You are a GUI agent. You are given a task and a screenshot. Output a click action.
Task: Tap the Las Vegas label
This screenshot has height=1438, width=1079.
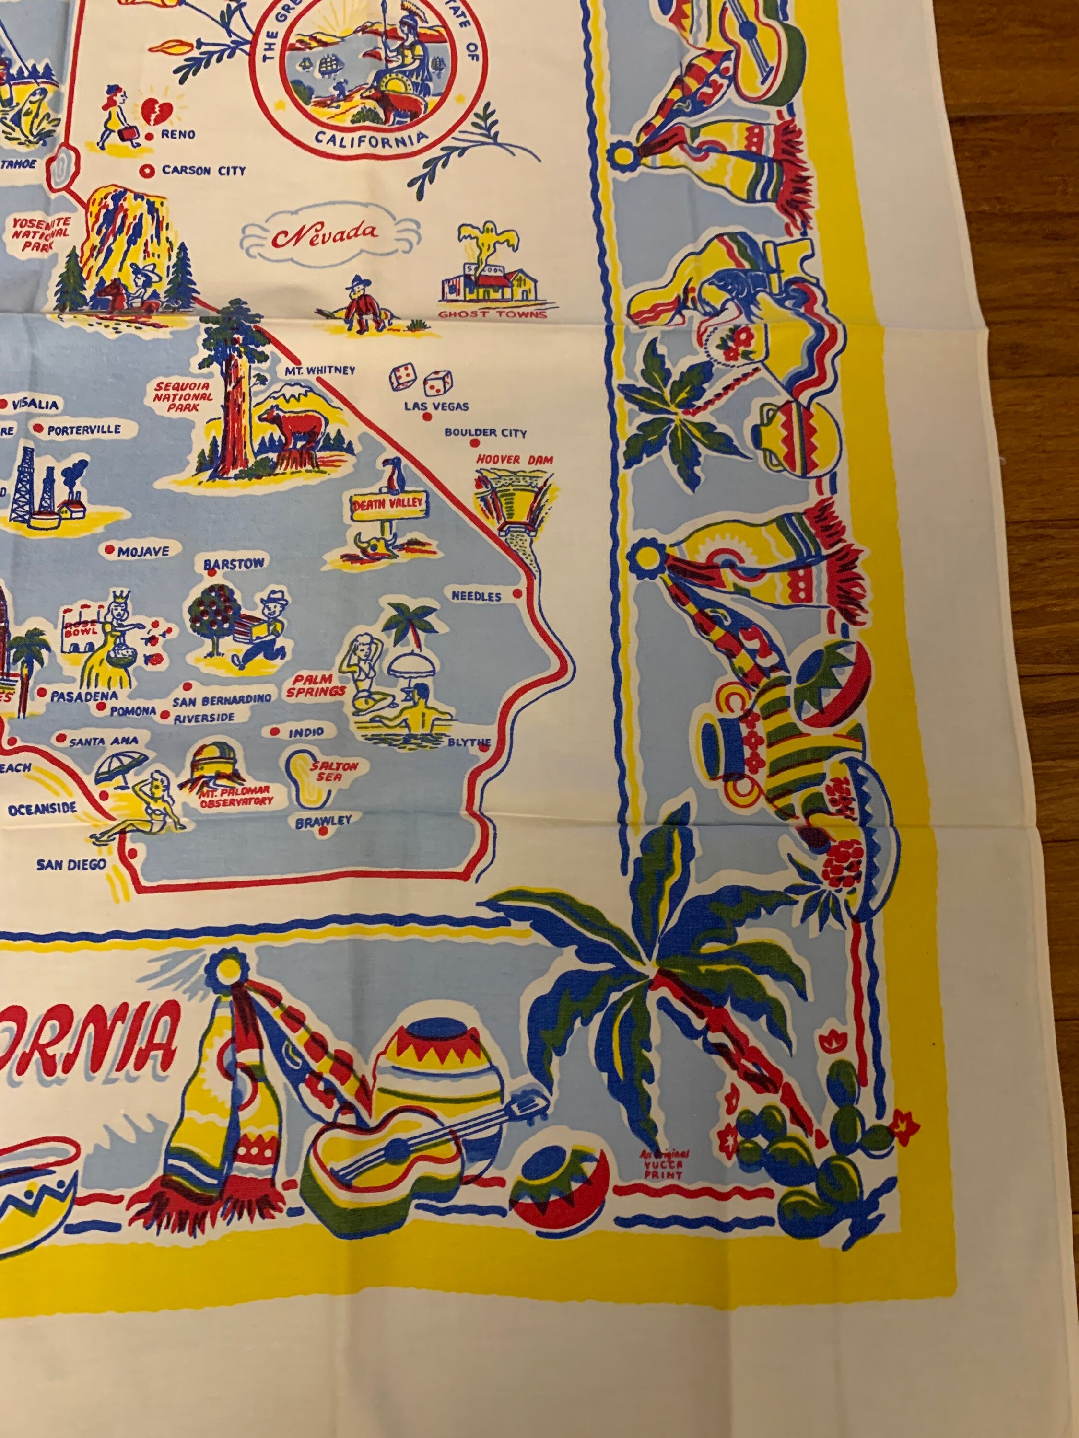click(436, 406)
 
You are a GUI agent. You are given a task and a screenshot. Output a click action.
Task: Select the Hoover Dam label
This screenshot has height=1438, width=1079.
click(515, 460)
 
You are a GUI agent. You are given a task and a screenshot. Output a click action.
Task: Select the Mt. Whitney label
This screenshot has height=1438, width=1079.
click(319, 371)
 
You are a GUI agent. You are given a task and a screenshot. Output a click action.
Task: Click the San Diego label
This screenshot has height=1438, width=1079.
click(71, 864)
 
